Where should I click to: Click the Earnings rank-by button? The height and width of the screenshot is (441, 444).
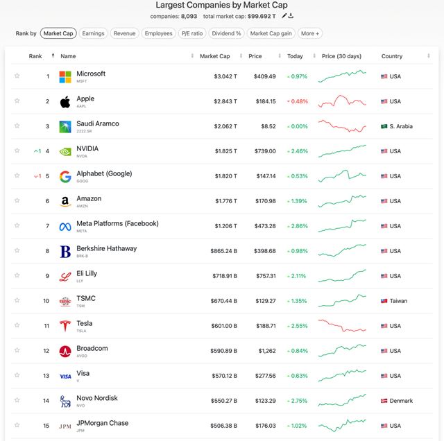(x=93, y=33)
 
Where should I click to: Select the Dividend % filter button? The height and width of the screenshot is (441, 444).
(x=226, y=33)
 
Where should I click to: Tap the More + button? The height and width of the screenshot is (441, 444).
(x=310, y=33)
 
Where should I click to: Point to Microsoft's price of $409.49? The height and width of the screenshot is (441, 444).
(x=264, y=76)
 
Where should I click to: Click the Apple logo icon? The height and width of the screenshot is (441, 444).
(x=65, y=102)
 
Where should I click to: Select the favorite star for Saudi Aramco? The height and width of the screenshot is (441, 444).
(x=17, y=126)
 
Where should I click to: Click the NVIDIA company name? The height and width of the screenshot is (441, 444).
(x=87, y=148)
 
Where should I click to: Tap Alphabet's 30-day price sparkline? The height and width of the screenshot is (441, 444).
(x=343, y=175)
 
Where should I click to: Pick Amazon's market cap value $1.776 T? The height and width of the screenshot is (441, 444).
(x=223, y=201)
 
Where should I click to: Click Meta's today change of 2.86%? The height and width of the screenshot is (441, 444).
(x=299, y=226)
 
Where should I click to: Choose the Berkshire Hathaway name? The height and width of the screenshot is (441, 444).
(x=107, y=248)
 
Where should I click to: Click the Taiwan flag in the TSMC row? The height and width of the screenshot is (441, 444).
(x=384, y=301)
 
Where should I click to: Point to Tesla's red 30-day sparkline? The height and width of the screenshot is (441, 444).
(x=343, y=326)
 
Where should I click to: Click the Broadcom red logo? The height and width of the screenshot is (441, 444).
(x=65, y=352)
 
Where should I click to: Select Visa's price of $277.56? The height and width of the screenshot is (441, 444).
(x=264, y=376)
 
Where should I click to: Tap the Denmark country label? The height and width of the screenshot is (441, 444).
(x=401, y=401)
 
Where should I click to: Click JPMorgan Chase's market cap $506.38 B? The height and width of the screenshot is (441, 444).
(x=223, y=426)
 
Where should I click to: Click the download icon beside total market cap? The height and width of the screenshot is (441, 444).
(x=291, y=16)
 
